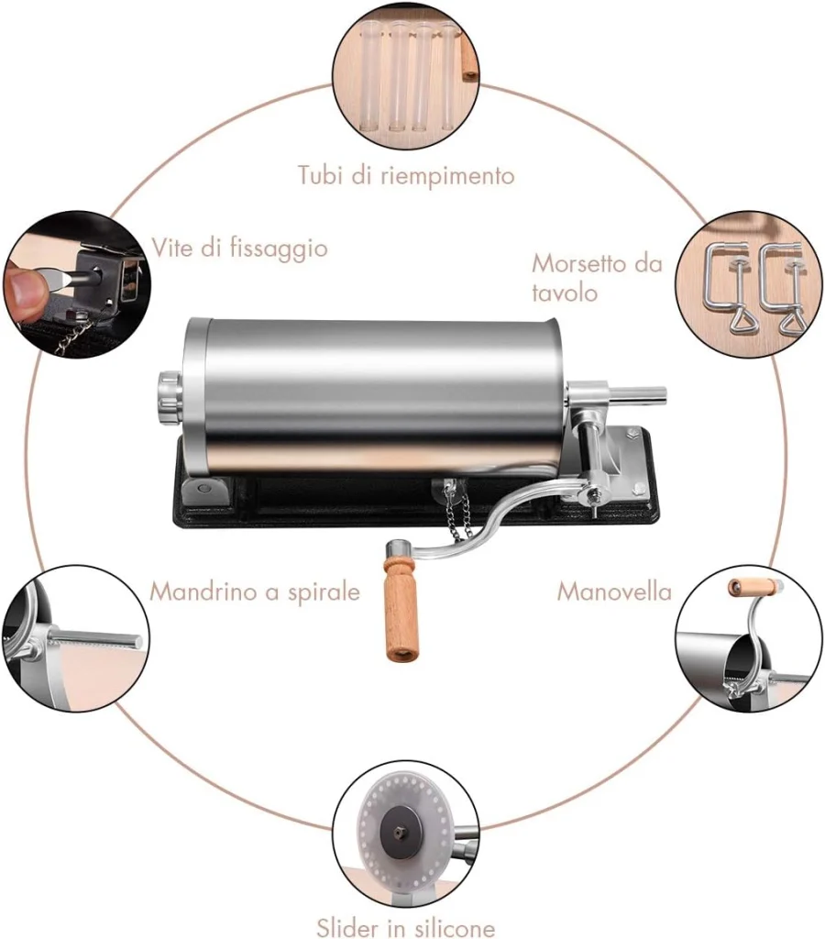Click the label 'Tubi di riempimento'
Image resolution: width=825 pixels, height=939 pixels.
[x=406, y=176]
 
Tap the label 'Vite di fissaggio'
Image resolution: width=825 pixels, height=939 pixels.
[x=239, y=248]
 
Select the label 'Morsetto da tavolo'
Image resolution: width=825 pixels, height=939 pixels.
[x=597, y=278]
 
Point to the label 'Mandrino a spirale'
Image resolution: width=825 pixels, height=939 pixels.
[x=255, y=591]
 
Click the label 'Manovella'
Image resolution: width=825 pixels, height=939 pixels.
[x=614, y=591]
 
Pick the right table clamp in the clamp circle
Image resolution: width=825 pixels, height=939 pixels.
[x=782, y=287]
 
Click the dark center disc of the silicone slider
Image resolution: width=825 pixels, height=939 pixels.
[x=400, y=831]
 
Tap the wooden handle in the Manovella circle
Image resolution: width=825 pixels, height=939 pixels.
[x=755, y=587]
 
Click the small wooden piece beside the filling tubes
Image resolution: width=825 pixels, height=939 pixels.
[x=468, y=59]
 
